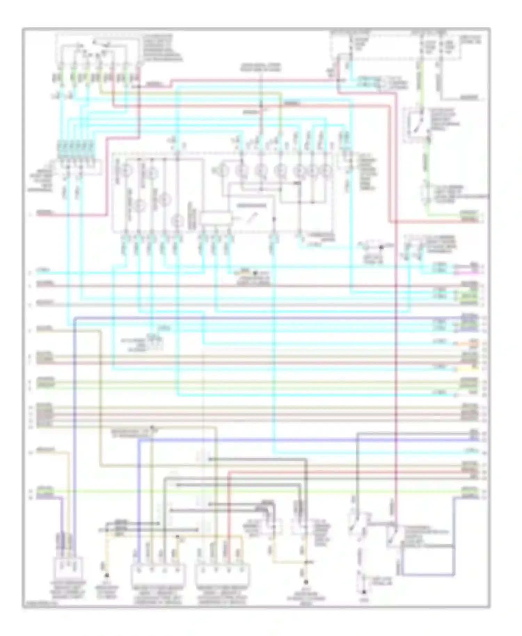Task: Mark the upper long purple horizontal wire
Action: click(264, 318)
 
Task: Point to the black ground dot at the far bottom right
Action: click(364, 592)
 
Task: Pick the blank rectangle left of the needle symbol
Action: click(216, 218)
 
